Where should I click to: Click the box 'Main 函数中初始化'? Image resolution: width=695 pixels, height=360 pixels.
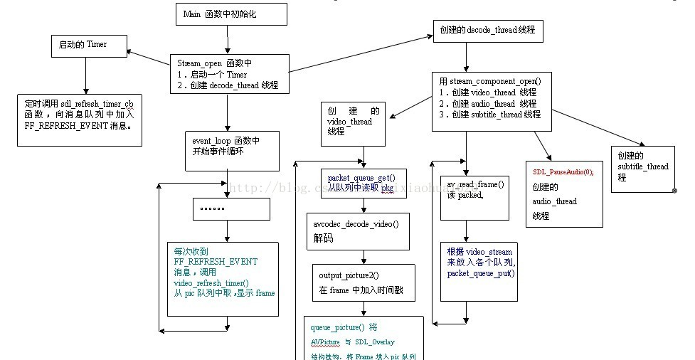231,14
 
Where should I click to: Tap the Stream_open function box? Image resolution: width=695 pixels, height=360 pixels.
228,73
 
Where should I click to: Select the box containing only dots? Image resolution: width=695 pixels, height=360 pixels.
231,209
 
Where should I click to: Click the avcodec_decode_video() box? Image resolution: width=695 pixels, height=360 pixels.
358,231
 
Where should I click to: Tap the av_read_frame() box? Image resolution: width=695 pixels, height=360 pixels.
474,197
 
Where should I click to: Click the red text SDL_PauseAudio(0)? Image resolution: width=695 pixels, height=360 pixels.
563,172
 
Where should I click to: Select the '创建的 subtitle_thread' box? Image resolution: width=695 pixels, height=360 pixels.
642,169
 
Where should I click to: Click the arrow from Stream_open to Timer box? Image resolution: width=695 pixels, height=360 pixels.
148,58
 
